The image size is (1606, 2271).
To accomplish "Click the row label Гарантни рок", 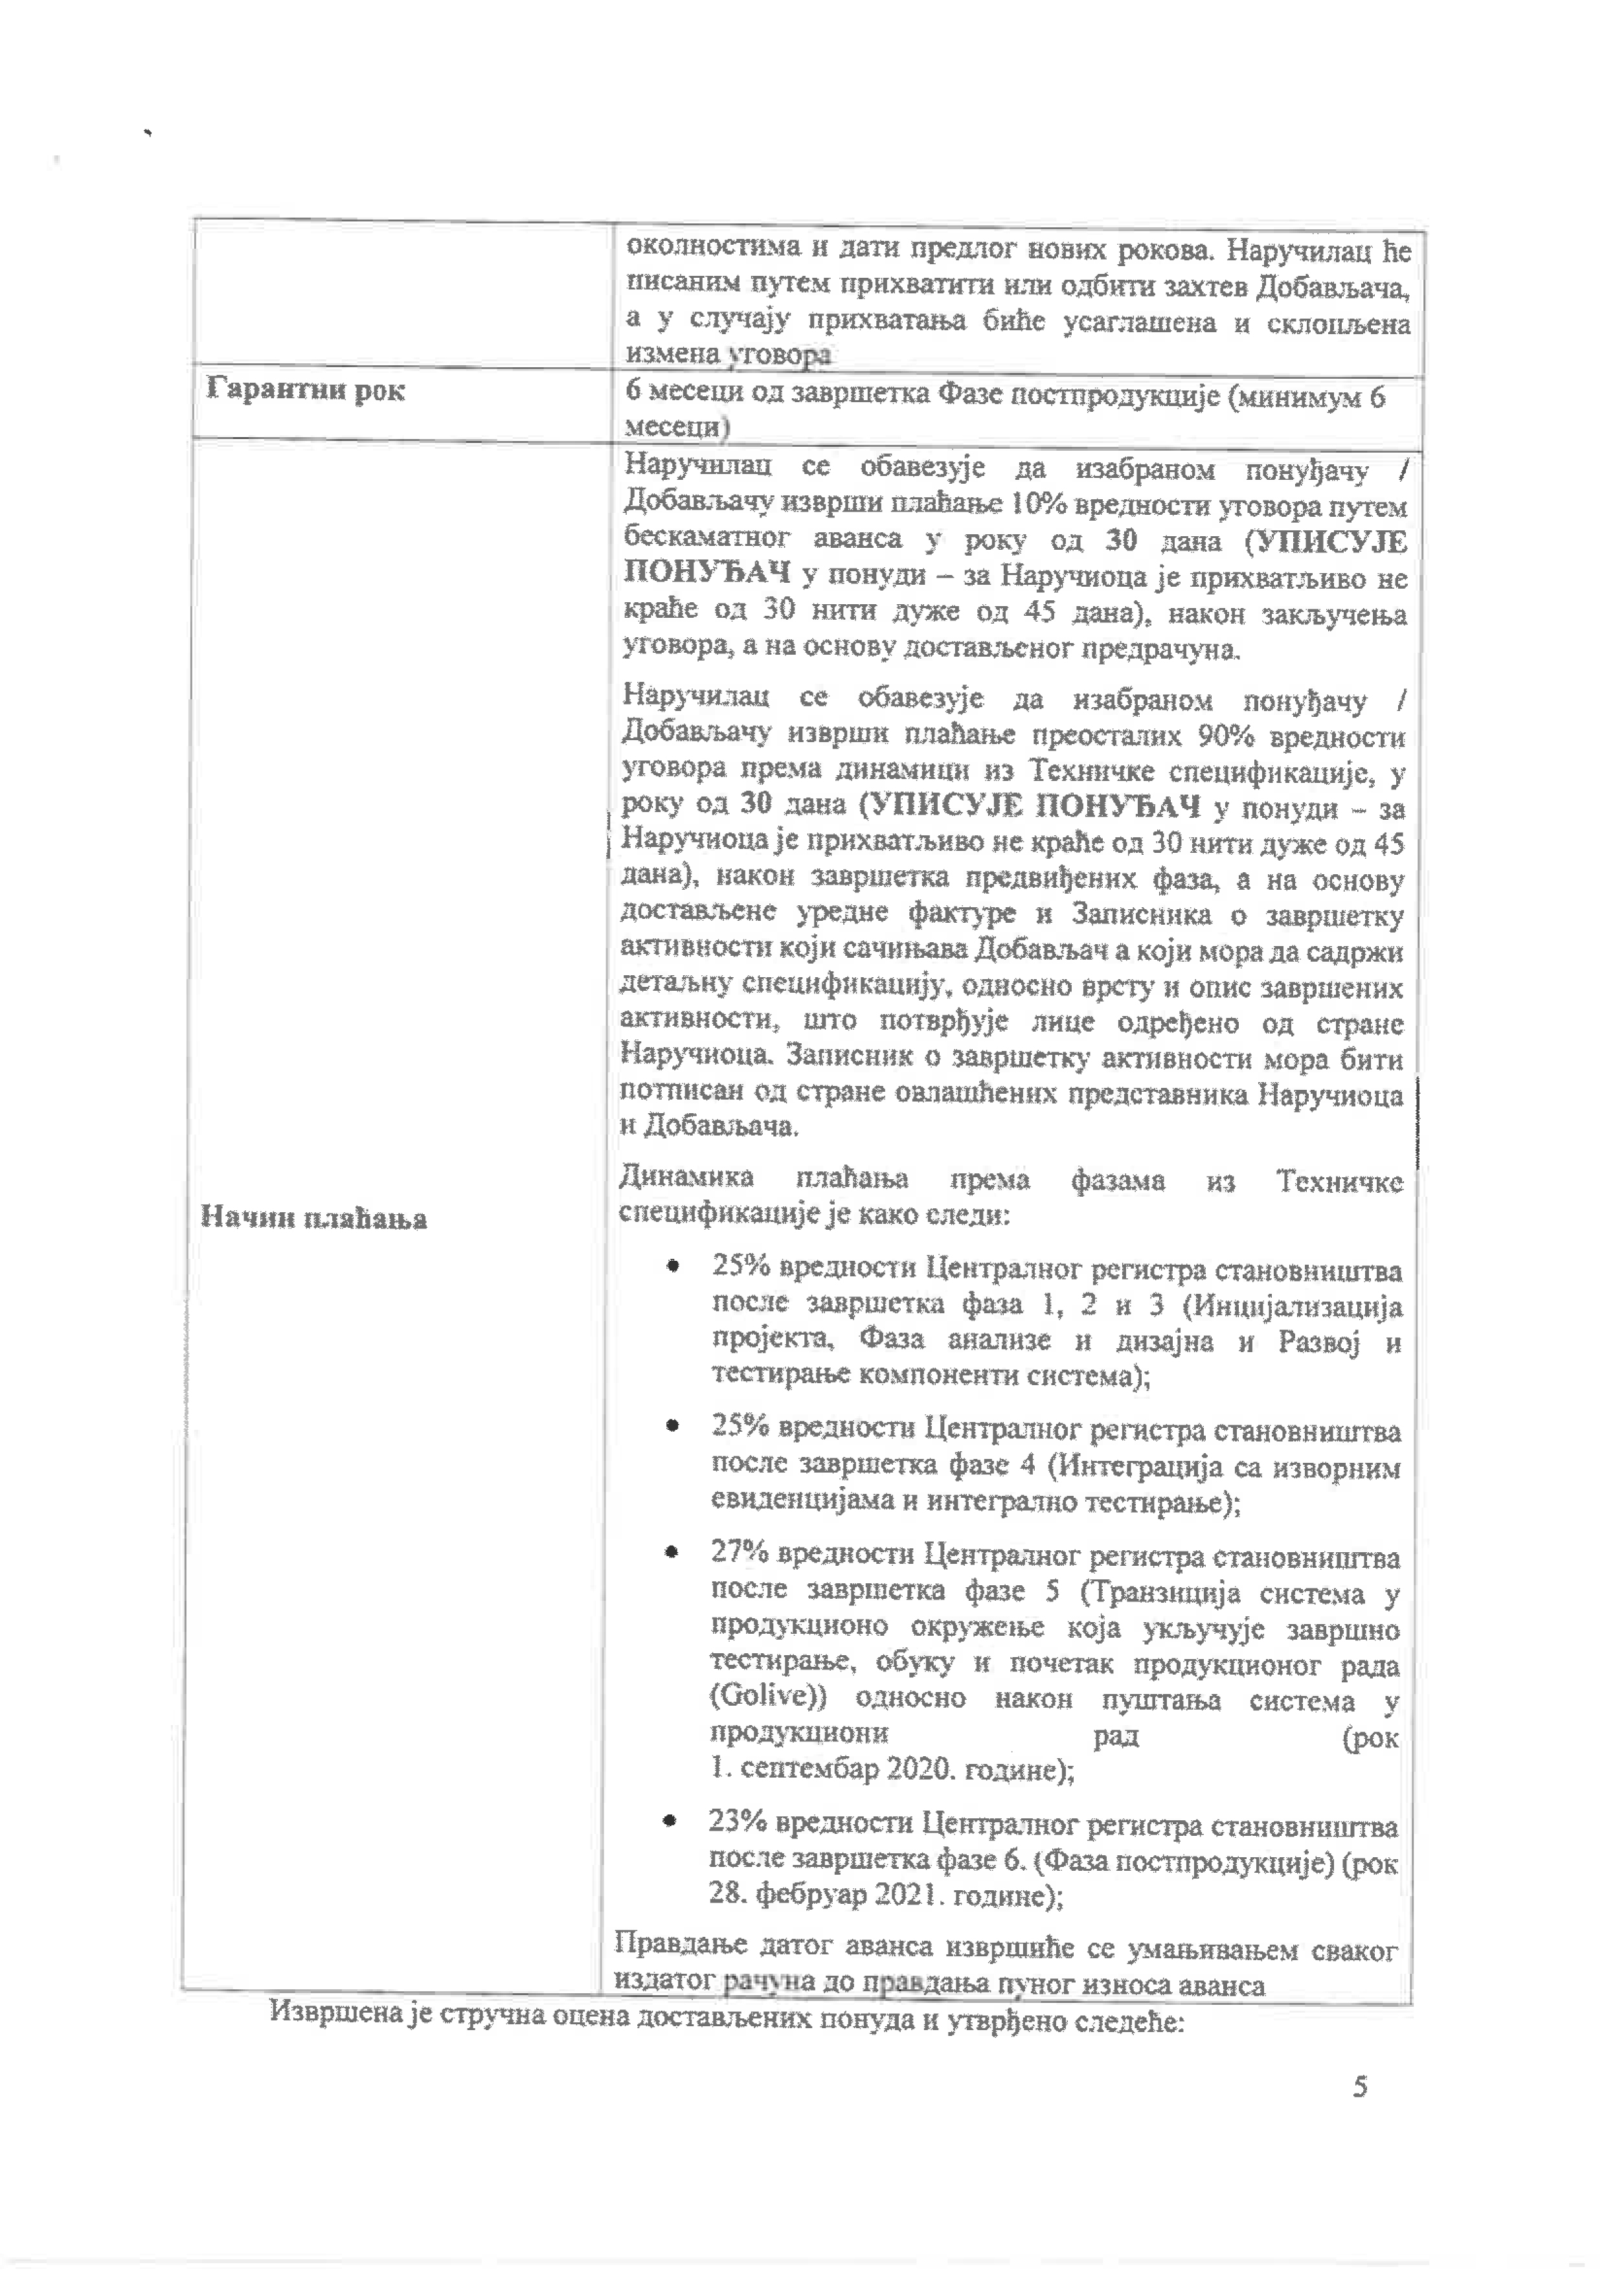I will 306,390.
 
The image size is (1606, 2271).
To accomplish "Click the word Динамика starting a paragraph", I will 686,1178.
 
